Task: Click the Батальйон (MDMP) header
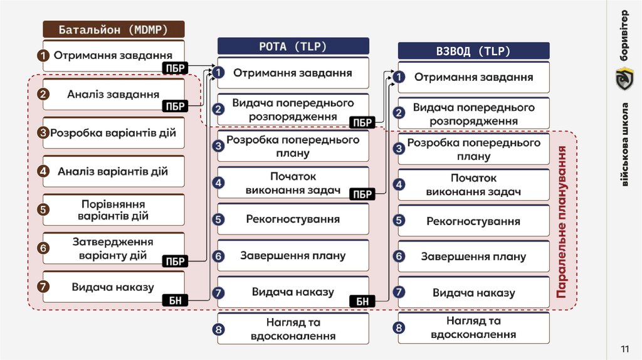tap(113, 29)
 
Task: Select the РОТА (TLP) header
tap(293, 46)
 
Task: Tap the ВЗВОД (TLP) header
tap(473, 51)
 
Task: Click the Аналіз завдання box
tap(113, 95)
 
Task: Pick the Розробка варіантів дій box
tap(113, 133)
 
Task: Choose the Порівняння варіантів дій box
tap(113, 210)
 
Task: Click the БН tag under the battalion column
tap(176, 301)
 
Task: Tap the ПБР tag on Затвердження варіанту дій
tap(176, 262)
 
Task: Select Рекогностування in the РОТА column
tap(293, 220)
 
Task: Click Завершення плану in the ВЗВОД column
tap(473, 257)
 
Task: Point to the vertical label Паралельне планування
tap(562, 222)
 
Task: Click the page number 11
tap(624, 349)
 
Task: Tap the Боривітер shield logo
tap(624, 78)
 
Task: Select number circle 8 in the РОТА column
tap(218, 329)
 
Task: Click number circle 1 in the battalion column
tap(43, 56)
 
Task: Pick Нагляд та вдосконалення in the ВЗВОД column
tap(473, 327)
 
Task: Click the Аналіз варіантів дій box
tap(113, 171)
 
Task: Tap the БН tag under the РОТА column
tap(362, 302)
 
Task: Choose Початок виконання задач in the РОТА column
tap(293, 183)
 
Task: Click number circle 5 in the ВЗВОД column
tap(399, 221)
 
